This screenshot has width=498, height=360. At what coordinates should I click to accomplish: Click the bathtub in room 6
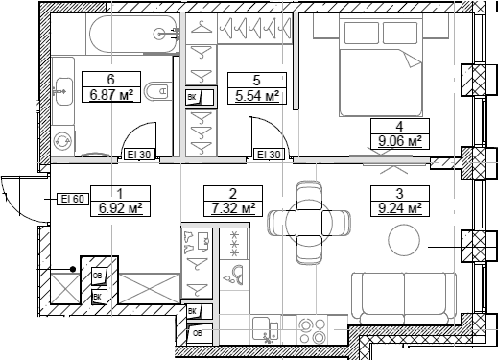click(132, 34)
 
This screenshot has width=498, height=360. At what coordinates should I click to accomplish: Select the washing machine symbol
click(62, 141)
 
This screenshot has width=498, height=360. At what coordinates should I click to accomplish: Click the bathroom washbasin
click(63, 91)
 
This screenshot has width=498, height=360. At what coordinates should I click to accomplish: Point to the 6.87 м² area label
click(111, 95)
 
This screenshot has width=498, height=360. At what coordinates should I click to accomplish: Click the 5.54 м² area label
click(257, 96)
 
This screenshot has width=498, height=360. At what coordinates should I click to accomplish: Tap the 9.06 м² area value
click(399, 140)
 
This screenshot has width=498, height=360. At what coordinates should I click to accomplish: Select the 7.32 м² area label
click(233, 208)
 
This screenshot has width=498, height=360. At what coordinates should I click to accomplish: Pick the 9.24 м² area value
click(399, 208)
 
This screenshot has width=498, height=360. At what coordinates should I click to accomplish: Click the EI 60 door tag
click(73, 199)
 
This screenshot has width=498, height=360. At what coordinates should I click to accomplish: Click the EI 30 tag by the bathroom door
click(139, 155)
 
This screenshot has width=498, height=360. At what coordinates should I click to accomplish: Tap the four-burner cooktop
click(312, 330)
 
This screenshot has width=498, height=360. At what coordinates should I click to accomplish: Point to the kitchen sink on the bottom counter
click(266, 329)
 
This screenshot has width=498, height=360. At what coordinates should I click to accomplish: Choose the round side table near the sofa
click(404, 240)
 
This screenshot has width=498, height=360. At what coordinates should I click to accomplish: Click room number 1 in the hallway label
click(120, 194)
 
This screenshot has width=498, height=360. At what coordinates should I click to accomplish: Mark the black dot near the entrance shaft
click(73, 270)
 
